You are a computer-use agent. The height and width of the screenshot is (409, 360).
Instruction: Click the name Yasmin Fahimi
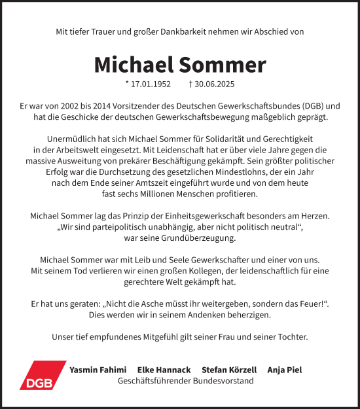[x=98, y=370]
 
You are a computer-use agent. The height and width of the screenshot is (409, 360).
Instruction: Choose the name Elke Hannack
[x=164, y=370]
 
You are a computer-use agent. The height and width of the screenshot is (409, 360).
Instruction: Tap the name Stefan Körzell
[x=229, y=370]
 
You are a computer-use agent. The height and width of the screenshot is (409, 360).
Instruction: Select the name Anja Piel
[x=285, y=370]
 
